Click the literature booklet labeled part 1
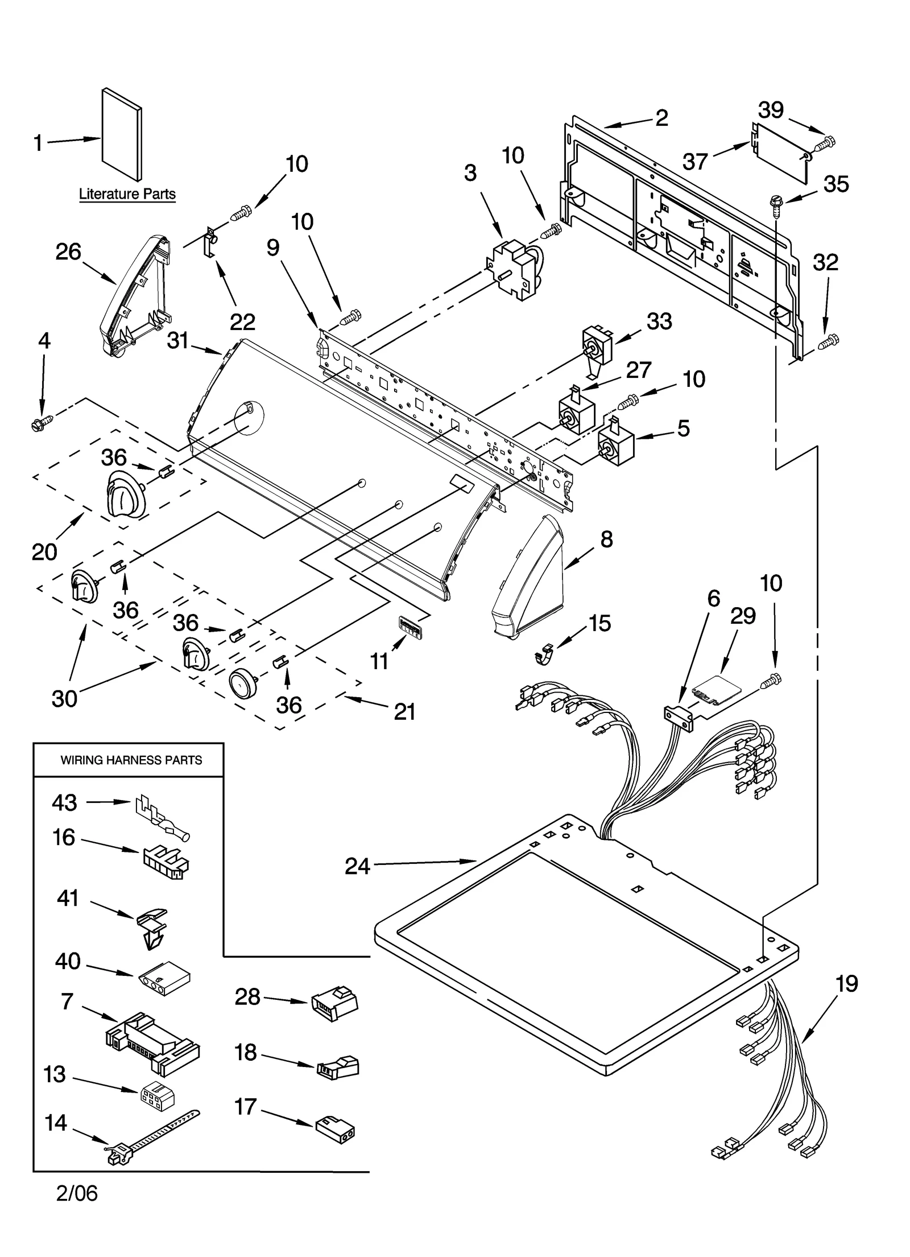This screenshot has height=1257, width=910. pos(121,134)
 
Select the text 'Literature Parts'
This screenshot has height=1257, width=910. pos(127,194)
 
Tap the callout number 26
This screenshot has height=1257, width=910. pos(68,252)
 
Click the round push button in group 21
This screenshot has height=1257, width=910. pos(242,683)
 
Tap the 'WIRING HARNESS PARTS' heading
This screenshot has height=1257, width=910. pos(131,760)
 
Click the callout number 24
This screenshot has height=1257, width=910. pos(357,867)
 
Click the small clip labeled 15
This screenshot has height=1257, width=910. pos(545,654)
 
